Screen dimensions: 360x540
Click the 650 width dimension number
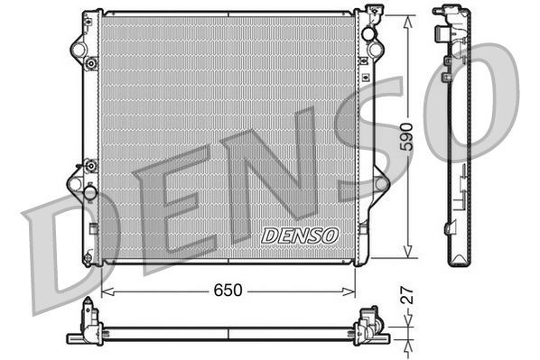click(x=228, y=291)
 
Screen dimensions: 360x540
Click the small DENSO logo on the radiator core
click(x=299, y=235)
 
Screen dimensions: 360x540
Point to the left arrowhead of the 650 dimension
click(x=105, y=291)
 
